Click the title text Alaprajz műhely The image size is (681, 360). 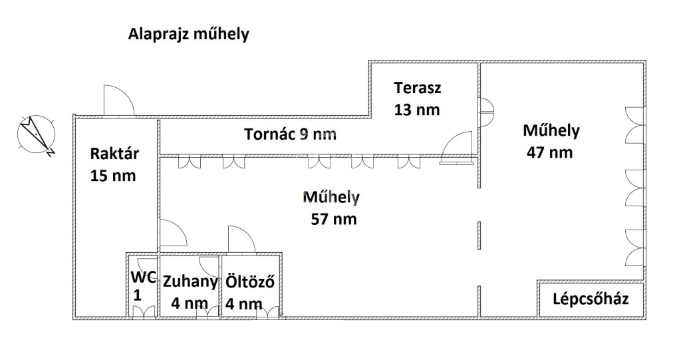tap(188, 34)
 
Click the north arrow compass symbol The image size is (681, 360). tap(37, 134)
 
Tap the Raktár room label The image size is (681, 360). tap(114, 154)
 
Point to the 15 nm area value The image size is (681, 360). tap(113, 176)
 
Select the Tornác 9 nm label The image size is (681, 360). tap(290, 134)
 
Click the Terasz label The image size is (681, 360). tap(418, 88)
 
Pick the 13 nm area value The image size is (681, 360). tap(417, 110)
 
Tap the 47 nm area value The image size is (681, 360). tap(549, 152)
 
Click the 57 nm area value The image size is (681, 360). tap(334, 219)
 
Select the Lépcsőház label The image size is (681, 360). tap(591, 299)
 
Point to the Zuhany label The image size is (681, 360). tap(190, 281)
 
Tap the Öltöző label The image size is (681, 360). tap(250, 281)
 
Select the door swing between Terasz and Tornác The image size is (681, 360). tap(456, 147)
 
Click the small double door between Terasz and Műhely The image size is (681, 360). tap(487, 112)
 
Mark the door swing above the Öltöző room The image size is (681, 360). tap(241, 239)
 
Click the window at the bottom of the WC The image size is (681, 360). tap(144, 312)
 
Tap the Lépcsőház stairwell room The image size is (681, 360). tap(591, 299)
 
